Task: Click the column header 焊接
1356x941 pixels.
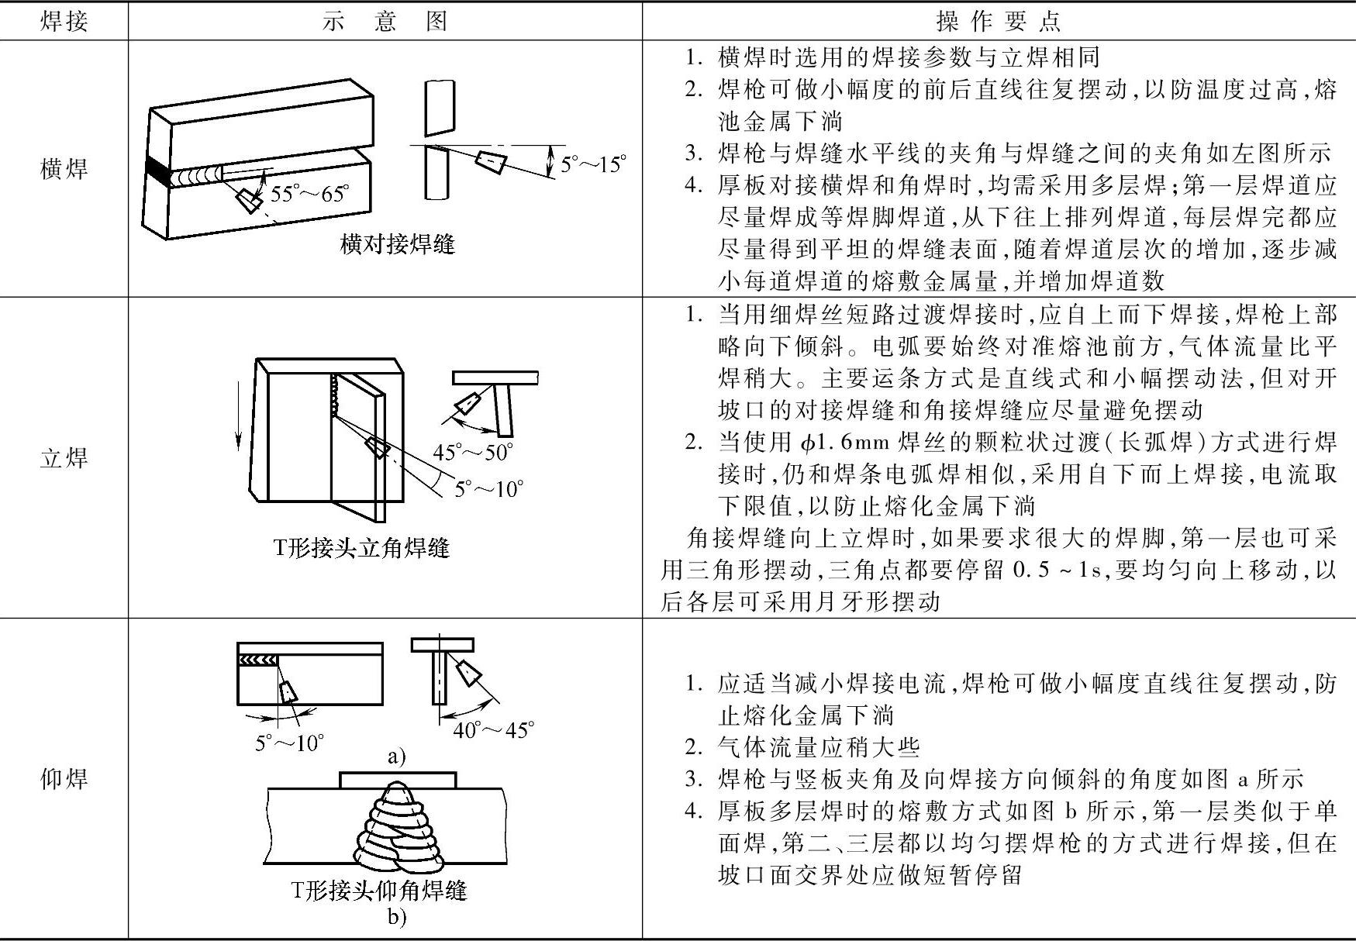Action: pos(64,21)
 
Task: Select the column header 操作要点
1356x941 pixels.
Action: pos(999,21)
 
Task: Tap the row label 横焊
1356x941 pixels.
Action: pos(64,168)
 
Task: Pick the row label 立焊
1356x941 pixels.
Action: pos(64,458)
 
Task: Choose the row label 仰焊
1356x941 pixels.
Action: pos(64,778)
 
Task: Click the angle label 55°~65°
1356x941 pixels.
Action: pos(309,193)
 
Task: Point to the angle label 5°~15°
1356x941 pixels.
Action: pos(593,164)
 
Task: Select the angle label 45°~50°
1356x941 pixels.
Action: pos(473,451)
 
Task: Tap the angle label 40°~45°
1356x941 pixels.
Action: pos(493,729)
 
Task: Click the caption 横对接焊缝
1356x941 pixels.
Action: pos(398,245)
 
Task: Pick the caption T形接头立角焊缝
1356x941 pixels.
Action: pos(361,548)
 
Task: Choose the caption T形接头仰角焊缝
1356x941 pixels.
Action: pos(379,891)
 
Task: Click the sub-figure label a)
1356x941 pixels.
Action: pos(396,757)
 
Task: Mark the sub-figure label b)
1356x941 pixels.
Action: pos(396,918)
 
